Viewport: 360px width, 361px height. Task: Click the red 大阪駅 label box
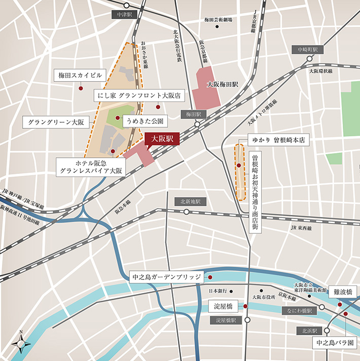pos(162,138)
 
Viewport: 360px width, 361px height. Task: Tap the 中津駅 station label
pos(124,15)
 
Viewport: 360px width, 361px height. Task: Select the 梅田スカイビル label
pos(81,76)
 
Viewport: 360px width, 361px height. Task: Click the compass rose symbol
pos(21,344)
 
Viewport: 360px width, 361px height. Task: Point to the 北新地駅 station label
pos(191,201)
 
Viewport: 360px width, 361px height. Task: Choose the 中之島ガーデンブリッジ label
pos(166,277)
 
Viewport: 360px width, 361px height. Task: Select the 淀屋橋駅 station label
pos(226,320)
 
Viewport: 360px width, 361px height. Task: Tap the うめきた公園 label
pos(147,122)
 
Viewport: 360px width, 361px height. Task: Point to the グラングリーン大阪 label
pos(56,122)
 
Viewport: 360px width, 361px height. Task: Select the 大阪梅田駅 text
pos(223,84)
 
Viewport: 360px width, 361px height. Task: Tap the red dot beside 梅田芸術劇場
pos(217,26)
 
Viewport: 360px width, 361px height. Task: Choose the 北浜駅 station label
pos(307,330)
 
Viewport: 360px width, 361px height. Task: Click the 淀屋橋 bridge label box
pos(223,306)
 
